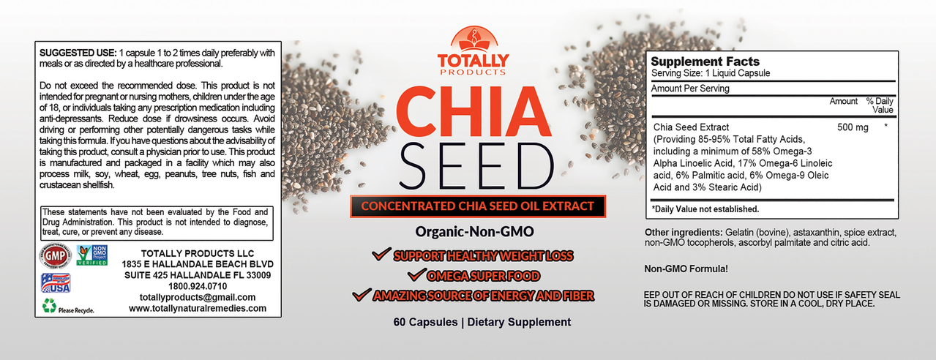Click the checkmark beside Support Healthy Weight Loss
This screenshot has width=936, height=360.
380,255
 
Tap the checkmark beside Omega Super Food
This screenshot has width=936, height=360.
416,275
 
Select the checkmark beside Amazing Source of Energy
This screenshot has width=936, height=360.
360,295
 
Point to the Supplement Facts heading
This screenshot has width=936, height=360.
705,61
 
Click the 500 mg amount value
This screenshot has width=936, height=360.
853,127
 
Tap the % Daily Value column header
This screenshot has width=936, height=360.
880,105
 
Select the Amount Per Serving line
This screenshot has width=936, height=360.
690,89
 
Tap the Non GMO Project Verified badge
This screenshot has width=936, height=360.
91,255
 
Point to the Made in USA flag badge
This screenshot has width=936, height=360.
56,283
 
